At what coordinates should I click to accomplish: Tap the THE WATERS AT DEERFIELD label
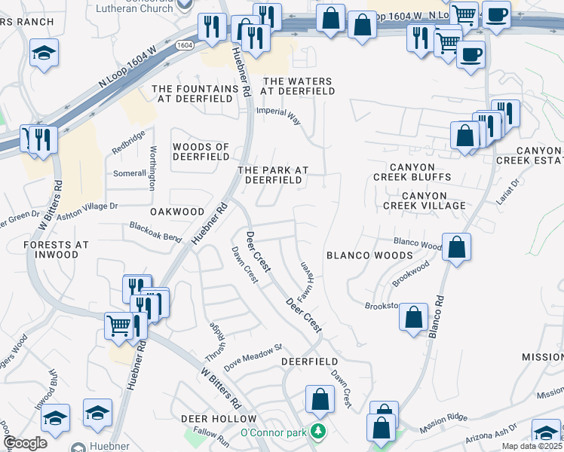pyautogui.click(x=298, y=86)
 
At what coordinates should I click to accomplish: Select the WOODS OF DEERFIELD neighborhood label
pyautogui.click(x=201, y=151)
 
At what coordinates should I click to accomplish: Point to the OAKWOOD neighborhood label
pyautogui.click(x=177, y=212)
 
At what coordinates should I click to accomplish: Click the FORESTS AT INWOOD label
pyautogui.click(x=56, y=249)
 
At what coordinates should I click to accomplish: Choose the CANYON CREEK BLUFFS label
pyautogui.click(x=412, y=172)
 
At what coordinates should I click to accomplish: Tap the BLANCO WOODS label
pyautogui.click(x=369, y=255)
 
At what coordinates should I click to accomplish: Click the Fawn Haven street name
pyautogui.click(x=307, y=279)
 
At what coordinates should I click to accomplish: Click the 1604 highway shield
pyautogui.click(x=185, y=45)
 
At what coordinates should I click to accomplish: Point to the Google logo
pyautogui.click(x=25, y=443)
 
